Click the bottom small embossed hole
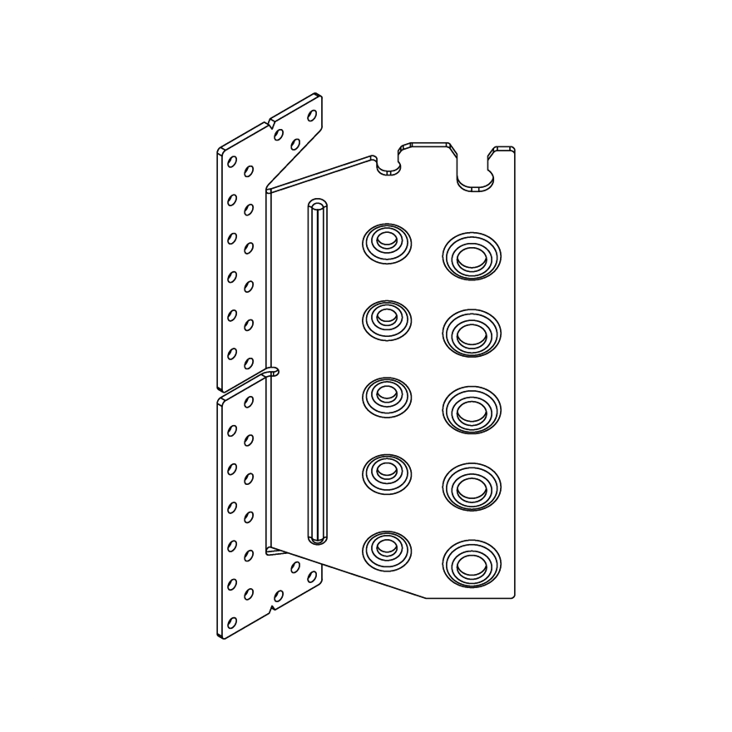[x=386, y=548]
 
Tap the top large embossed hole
[x=472, y=255]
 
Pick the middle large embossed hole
[x=472, y=410]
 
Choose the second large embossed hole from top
[x=472, y=333]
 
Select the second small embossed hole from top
[x=386, y=317]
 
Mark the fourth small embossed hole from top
[x=386, y=472]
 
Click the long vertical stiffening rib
[x=318, y=374]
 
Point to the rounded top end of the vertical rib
[x=318, y=205]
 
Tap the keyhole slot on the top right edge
[x=474, y=171]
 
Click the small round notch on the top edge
[x=388, y=166]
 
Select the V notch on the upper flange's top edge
[x=271, y=125]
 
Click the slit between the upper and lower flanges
[x=270, y=372]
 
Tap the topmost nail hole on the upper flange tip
[x=313, y=116]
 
